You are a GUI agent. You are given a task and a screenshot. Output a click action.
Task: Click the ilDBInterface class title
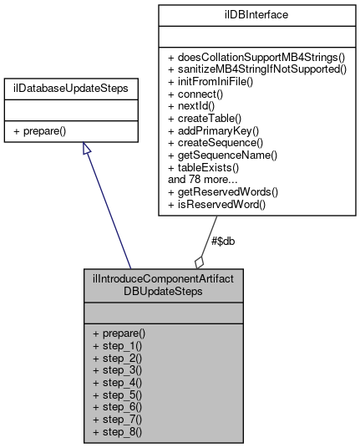[258, 15]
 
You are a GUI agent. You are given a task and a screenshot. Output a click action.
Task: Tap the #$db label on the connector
[222, 241]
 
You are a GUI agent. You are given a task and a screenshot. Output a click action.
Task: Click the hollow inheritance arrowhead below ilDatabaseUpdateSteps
[86, 148]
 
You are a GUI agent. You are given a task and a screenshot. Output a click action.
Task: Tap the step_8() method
[118, 432]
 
